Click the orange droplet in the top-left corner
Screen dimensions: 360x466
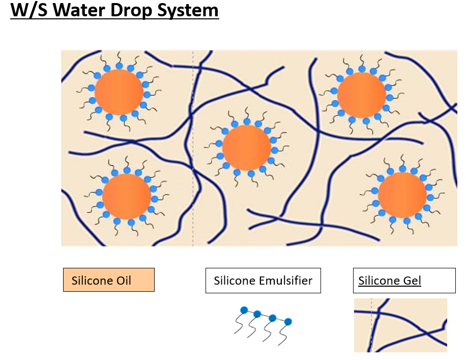119,92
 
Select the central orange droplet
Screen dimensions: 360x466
247,148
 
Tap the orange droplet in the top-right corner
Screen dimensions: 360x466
361,95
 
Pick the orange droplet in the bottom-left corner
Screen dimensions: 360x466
126,197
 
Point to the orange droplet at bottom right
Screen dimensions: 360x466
402,195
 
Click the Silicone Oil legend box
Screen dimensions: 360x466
108,280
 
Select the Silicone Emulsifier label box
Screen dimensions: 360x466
263,281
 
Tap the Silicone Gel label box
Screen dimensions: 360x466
404,281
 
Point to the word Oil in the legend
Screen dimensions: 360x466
122,281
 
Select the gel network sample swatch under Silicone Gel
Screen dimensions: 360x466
400,325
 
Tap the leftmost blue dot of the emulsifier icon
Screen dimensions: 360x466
244,310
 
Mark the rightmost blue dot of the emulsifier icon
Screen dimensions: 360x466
288,321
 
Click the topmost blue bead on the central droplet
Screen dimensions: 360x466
247,121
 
